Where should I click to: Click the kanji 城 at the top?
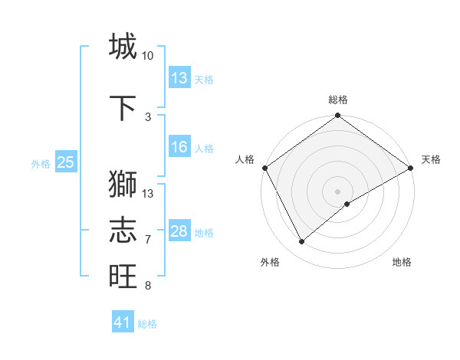pos(123,47)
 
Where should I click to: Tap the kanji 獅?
pos(123,185)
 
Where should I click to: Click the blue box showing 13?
pos(179,78)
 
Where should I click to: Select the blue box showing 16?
pos(179,147)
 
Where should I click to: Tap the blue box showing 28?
pos(179,231)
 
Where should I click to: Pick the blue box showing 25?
pos(65,162)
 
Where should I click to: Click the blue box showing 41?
pos(123,322)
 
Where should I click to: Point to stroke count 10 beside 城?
pos(147,56)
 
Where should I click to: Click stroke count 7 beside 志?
pos(147,240)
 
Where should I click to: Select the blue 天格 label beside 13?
pos(204,79)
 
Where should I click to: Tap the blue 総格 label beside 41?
pos(147,324)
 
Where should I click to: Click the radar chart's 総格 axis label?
pos(337,100)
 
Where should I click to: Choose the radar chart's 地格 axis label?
pos(402,262)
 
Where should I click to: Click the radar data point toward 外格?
pos(301,242)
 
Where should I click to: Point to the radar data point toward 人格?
pos(264,168)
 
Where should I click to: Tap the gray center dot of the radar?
pos(337,191)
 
